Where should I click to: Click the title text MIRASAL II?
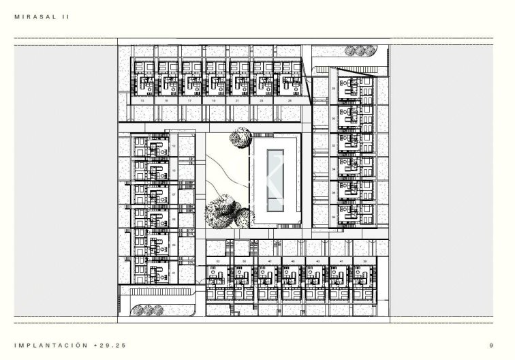point(42,16)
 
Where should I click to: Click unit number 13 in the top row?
point(142,100)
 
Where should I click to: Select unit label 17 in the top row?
point(189,100)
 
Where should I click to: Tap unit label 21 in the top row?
point(238,100)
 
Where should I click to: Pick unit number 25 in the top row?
point(290,100)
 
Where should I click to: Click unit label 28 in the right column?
point(333,89)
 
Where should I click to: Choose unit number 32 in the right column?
point(333,145)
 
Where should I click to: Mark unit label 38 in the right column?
point(333,217)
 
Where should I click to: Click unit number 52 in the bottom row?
point(218,261)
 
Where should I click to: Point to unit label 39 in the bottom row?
point(365,261)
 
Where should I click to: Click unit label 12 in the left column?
point(174,145)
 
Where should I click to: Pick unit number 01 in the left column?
point(174,273)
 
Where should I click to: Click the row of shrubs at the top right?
point(358,50)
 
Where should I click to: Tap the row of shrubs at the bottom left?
point(149,310)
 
